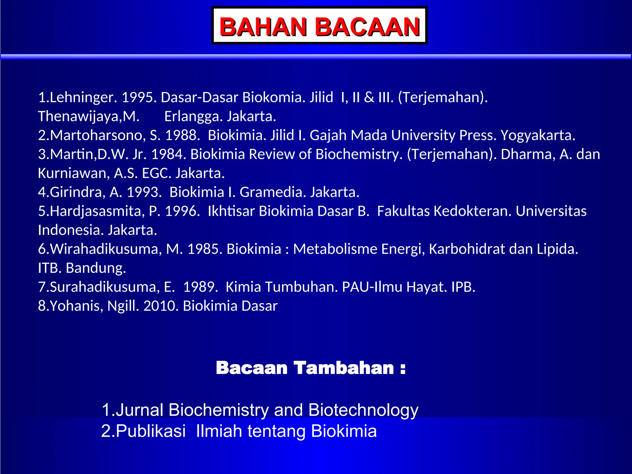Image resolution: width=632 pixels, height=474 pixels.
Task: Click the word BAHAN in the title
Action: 263,27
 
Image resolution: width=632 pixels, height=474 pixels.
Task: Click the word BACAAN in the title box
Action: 367,27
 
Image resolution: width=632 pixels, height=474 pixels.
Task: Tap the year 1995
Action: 139,98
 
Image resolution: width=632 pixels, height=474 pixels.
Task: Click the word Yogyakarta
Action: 538,135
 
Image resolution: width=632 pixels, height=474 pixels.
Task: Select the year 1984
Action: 168,154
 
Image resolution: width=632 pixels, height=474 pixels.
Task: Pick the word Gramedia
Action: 273,192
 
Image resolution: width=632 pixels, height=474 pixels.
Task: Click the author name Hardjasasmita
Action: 97,211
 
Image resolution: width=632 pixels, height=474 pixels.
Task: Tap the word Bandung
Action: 96,268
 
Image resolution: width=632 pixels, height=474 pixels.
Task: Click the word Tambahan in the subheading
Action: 343,368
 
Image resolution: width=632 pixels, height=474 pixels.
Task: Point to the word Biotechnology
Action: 363,410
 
